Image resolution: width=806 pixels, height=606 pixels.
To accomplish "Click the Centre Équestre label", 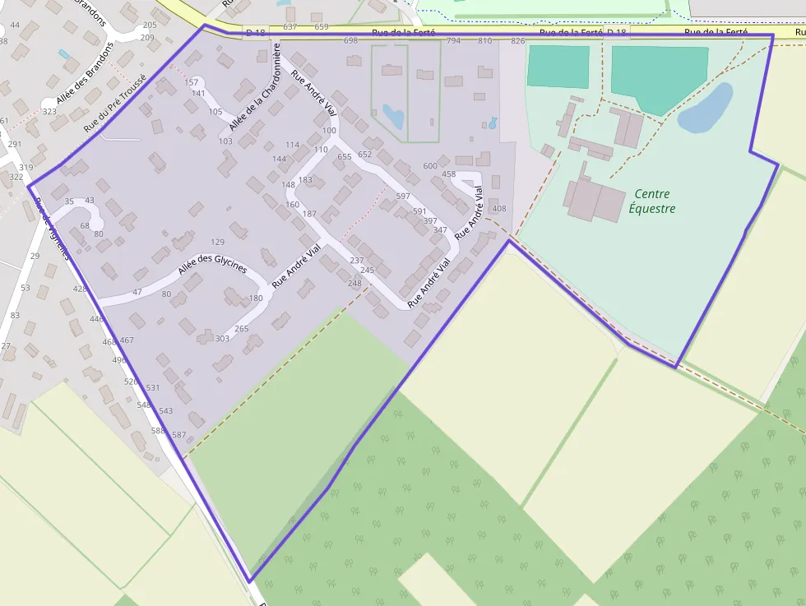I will [x=655, y=201].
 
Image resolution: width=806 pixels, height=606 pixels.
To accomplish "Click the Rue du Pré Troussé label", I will [x=115, y=103].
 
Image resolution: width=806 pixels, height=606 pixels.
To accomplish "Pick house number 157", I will [x=192, y=82].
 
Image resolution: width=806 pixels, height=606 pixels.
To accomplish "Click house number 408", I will [x=498, y=209].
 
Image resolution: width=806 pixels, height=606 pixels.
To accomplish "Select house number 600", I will [x=430, y=166].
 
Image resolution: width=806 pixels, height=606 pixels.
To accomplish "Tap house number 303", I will [x=222, y=339].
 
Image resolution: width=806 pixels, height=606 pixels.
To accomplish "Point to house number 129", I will [x=218, y=242].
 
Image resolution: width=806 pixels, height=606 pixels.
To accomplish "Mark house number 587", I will [x=179, y=435].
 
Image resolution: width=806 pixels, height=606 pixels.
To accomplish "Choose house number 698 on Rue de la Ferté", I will [x=350, y=40].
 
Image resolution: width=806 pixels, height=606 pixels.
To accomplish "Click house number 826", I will [x=518, y=40].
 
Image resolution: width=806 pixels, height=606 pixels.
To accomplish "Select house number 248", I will [x=354, y=284].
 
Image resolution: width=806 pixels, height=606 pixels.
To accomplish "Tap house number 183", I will [x=305, y=180].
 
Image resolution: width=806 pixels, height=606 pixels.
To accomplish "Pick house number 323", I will [x=49, y=111].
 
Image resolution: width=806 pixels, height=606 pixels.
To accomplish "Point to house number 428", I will [x=80, y=289].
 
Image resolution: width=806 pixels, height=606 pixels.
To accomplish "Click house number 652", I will [x=365, y=155].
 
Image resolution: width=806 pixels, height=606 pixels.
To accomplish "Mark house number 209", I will [x=148, y=38].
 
